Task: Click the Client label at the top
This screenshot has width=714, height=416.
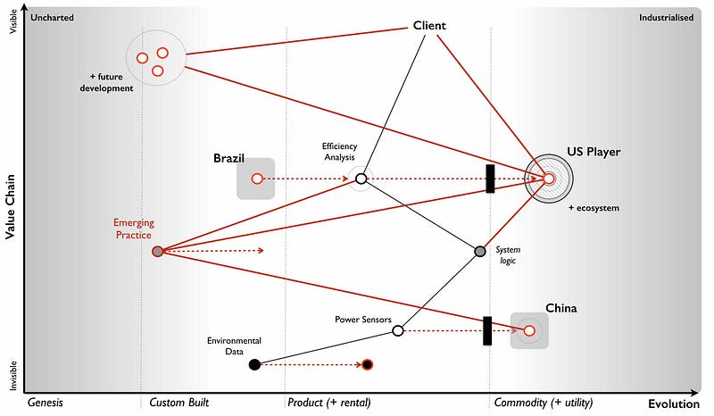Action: [429, 26]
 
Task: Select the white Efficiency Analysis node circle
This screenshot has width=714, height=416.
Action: [361, 179]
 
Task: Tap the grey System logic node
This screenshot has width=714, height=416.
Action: [479, 252]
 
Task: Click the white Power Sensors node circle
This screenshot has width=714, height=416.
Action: [398, 330]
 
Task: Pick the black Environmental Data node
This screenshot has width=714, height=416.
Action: [254, 364]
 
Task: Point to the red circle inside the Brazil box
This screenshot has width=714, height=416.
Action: [257, 179]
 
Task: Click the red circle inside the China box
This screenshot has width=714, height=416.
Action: [529, 330]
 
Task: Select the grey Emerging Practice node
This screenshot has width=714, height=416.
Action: [158, 252]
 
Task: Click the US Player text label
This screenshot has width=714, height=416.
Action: [593, 152]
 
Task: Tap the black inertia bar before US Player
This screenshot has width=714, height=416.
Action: [490, 179]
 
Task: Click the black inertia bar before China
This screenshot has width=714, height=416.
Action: [487, 330]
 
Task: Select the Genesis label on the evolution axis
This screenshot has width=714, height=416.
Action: [46, 403]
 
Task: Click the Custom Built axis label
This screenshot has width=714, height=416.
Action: [178, 403]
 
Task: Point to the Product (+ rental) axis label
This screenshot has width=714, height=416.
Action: [328, 403]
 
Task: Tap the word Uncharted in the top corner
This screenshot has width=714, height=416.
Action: [52, 17]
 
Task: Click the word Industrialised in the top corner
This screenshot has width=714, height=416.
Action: [666, 17]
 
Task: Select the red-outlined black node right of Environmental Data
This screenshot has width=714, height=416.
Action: [367, 364]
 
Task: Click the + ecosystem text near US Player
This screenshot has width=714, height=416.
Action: [594, 208]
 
